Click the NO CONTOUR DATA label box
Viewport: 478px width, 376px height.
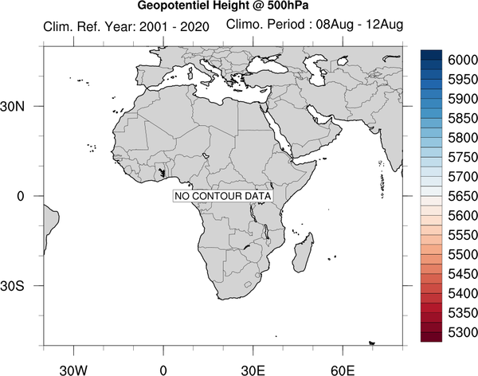click(x=223, y=196)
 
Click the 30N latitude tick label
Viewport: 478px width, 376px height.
click(x=12, y=107)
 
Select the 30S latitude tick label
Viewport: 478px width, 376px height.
click(x=12, y=286)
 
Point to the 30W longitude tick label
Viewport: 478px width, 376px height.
click(x=73, y=370)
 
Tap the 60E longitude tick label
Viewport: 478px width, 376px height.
click(x=343, y=370)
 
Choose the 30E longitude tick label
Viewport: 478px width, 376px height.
click(x=253, y=370)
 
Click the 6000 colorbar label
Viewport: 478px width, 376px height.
click(x=463, y=60)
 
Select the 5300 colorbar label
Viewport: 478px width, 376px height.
click(x=463, y=332)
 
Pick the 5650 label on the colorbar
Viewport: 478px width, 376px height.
click(x=463, y=196)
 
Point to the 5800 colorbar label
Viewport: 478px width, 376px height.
click(x=463, y=138)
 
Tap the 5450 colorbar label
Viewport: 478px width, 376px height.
click(x=463, y=274)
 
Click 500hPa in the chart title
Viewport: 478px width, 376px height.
click(x=288, y=6)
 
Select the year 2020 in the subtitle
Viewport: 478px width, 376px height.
click(x=194, y=27)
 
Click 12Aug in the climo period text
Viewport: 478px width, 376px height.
click(x=385, y=25)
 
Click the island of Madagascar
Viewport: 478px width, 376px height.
click(x=303, y=253)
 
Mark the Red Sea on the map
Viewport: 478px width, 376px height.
click(x=278, y=131)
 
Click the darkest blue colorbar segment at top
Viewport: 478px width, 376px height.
click(x=431, y=55)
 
